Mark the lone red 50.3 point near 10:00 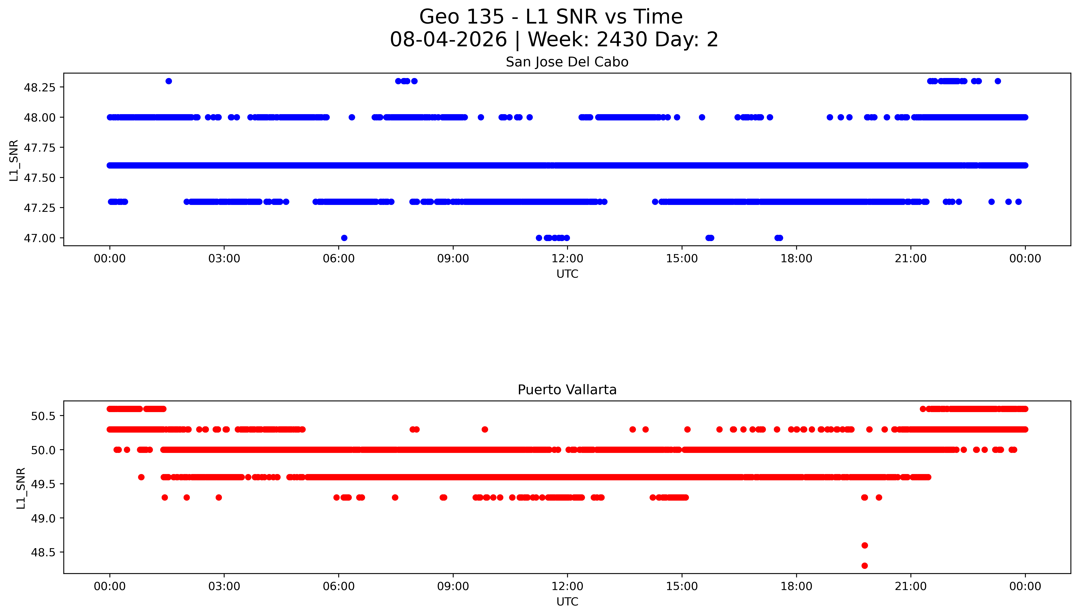pyautogui.click(x=485, y=429)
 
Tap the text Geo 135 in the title pyautogui.click(x=462, y=17)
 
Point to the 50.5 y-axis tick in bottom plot pyautogui.click(x=43, y=416)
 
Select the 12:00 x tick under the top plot pyautogui.click(x=567, y=259)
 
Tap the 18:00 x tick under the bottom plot pyautogui.click(x=796, y=586)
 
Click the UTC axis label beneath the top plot pyautogui.click(x=567, y=274)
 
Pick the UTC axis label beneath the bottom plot pyautogui.click(x=567, y=602)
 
